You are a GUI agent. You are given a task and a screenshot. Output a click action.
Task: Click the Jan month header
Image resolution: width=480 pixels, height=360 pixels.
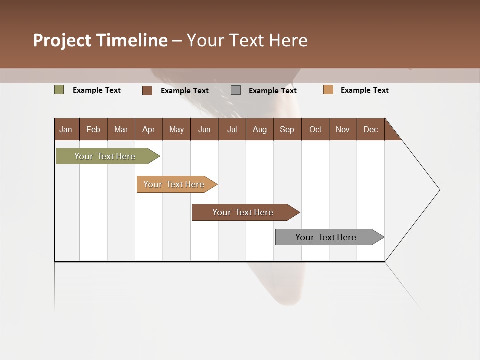[66, 129]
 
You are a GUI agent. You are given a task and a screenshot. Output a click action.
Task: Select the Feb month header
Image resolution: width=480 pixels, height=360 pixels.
[93, 129]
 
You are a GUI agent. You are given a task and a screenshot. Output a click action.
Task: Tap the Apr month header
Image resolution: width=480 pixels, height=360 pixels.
[148, 129]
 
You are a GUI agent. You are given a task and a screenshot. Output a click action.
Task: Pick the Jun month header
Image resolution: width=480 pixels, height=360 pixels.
[204, 129]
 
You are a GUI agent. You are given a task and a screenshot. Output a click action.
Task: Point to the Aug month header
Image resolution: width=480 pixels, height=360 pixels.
[259, 129]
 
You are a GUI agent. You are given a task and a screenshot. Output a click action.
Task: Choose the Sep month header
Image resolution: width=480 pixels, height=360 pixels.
[287, 129]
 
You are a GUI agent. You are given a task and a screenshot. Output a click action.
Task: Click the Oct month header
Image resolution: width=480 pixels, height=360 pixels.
[315, 129]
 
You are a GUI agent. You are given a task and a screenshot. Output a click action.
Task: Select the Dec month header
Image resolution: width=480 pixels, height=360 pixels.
[370, 129]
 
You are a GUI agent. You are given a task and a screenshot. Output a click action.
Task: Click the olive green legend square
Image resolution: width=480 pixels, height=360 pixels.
[59, 90]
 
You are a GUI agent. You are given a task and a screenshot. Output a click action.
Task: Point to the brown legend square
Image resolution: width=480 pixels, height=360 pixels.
[147, 90]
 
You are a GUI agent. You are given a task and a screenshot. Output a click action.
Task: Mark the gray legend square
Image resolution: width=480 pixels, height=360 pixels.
[236, 90]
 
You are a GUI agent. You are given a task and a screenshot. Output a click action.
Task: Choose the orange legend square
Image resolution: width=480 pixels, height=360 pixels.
[328, 90]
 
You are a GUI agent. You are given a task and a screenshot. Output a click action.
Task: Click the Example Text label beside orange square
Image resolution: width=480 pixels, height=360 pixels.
[364, 90]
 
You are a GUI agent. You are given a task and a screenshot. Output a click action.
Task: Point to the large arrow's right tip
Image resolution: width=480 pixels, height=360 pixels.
[439, 190]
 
